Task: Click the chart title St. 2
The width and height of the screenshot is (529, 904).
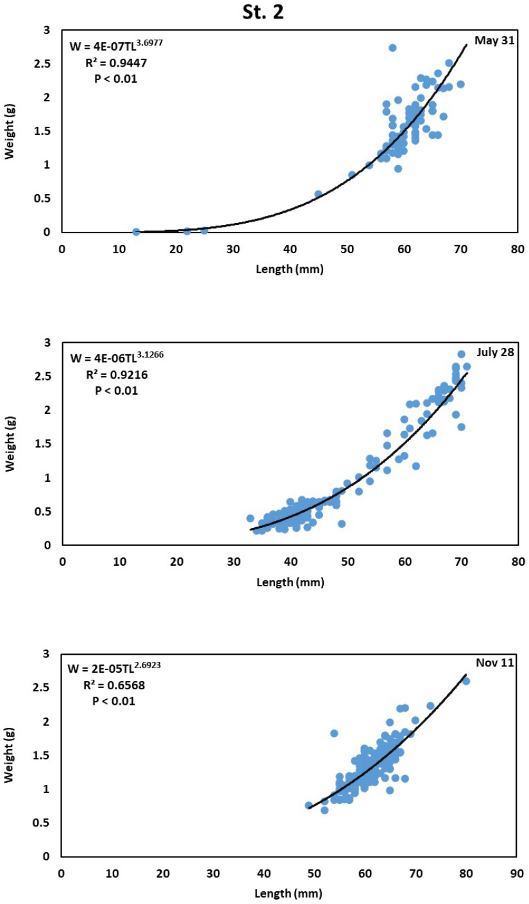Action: coord(264,12)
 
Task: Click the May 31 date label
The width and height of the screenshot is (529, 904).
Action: coord(494,40)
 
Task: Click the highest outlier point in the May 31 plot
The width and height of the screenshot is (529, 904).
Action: coord(392,48)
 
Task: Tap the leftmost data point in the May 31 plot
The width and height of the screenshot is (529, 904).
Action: coord(136,231)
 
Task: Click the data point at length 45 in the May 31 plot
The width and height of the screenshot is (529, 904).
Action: coord(318,193)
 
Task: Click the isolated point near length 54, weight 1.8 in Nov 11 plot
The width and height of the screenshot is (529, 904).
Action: coord(334,733)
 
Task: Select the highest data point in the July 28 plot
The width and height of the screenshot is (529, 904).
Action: coord(461,354)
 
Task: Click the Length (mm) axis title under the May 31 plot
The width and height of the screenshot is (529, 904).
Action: coord(289,269)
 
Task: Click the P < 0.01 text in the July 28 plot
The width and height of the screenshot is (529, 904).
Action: coord(116,390)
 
